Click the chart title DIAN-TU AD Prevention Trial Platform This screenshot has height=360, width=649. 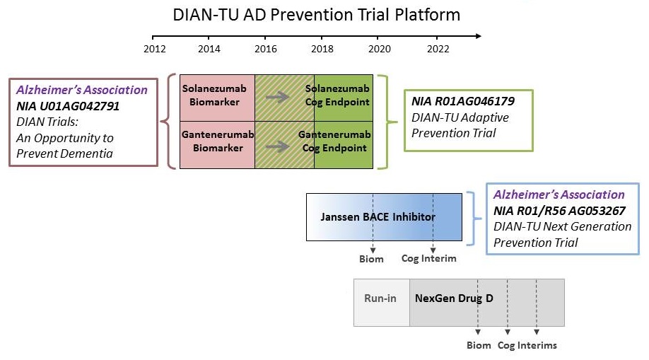pos(317,14)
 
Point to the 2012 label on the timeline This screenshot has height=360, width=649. pos(154,49)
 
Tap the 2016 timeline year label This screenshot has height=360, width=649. pos(265,49)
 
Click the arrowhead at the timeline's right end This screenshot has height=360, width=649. pos(479,35)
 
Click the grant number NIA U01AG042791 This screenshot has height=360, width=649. pos(68,106)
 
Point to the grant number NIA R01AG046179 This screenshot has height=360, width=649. pos(462,102)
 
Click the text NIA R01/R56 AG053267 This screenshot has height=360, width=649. pos(559,211)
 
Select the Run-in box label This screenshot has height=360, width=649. pos(380,298)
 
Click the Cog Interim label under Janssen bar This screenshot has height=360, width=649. pos(428,258)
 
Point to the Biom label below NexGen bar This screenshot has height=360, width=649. pos(479,345)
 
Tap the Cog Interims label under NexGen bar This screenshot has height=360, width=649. pos(527,345)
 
